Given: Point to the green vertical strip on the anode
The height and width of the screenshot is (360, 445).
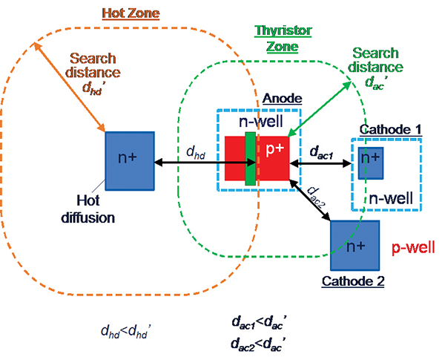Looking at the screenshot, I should click(x=251, y=157).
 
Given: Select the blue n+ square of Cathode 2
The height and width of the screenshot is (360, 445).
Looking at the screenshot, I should click(x=355, y=245).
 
